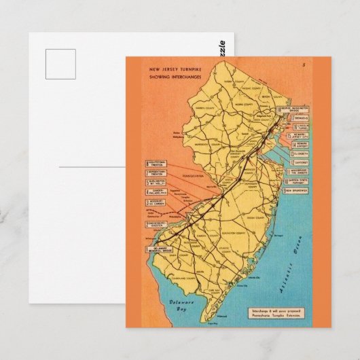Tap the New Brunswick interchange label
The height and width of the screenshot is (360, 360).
pos(297,191)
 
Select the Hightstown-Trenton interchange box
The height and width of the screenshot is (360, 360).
pos(158,164)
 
